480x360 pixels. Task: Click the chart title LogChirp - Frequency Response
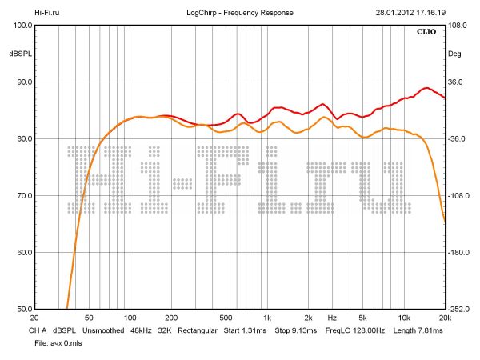[x=240, y=14]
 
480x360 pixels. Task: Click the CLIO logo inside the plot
[x=428, y=33]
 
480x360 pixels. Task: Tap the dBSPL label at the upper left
[x=18, y=54]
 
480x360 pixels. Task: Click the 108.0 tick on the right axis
[x=457, y=26]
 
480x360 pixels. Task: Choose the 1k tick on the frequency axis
[x=267, y=318]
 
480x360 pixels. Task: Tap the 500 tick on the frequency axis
[x=226, y=318]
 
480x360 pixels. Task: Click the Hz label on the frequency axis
[x=331, y=318]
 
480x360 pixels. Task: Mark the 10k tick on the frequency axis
[x=405, y=318]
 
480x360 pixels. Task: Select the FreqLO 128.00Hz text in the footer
[x=355, y=330]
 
